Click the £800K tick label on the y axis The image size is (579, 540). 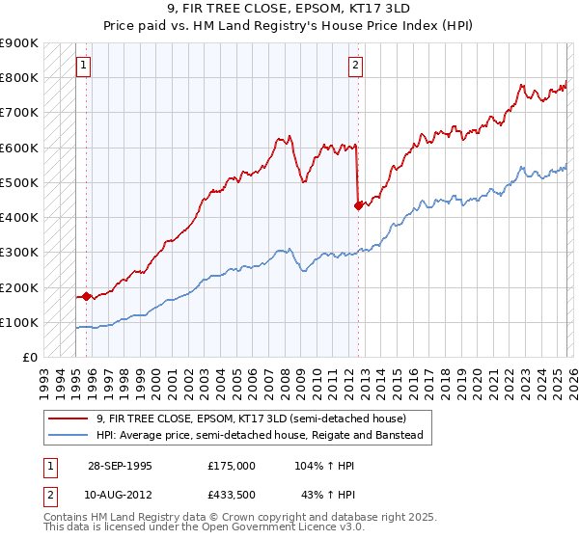(19, 77)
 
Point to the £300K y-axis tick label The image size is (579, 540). (19, 253)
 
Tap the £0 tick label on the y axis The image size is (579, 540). (29, 358)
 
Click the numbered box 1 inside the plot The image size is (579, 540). (84, 66)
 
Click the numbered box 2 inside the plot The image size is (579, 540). (355, 66)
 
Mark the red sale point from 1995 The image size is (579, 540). (87, 296)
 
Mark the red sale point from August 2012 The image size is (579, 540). (358, 204)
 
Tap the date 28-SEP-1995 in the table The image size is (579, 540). (120, 465)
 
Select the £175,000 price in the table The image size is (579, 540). (231, 465)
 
